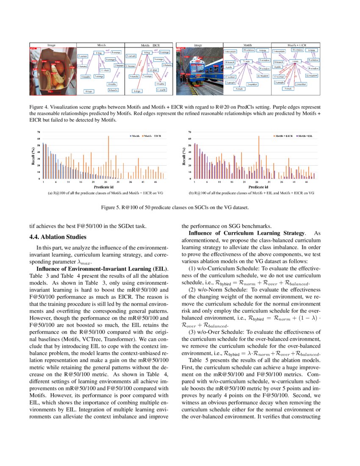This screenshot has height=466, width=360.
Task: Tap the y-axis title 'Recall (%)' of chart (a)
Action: point(33,156)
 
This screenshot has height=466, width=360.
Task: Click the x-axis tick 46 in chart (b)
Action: point(306,182)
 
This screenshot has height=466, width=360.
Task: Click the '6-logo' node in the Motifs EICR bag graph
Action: point(136,91)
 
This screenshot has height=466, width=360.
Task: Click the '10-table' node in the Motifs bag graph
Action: point(112,84)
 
